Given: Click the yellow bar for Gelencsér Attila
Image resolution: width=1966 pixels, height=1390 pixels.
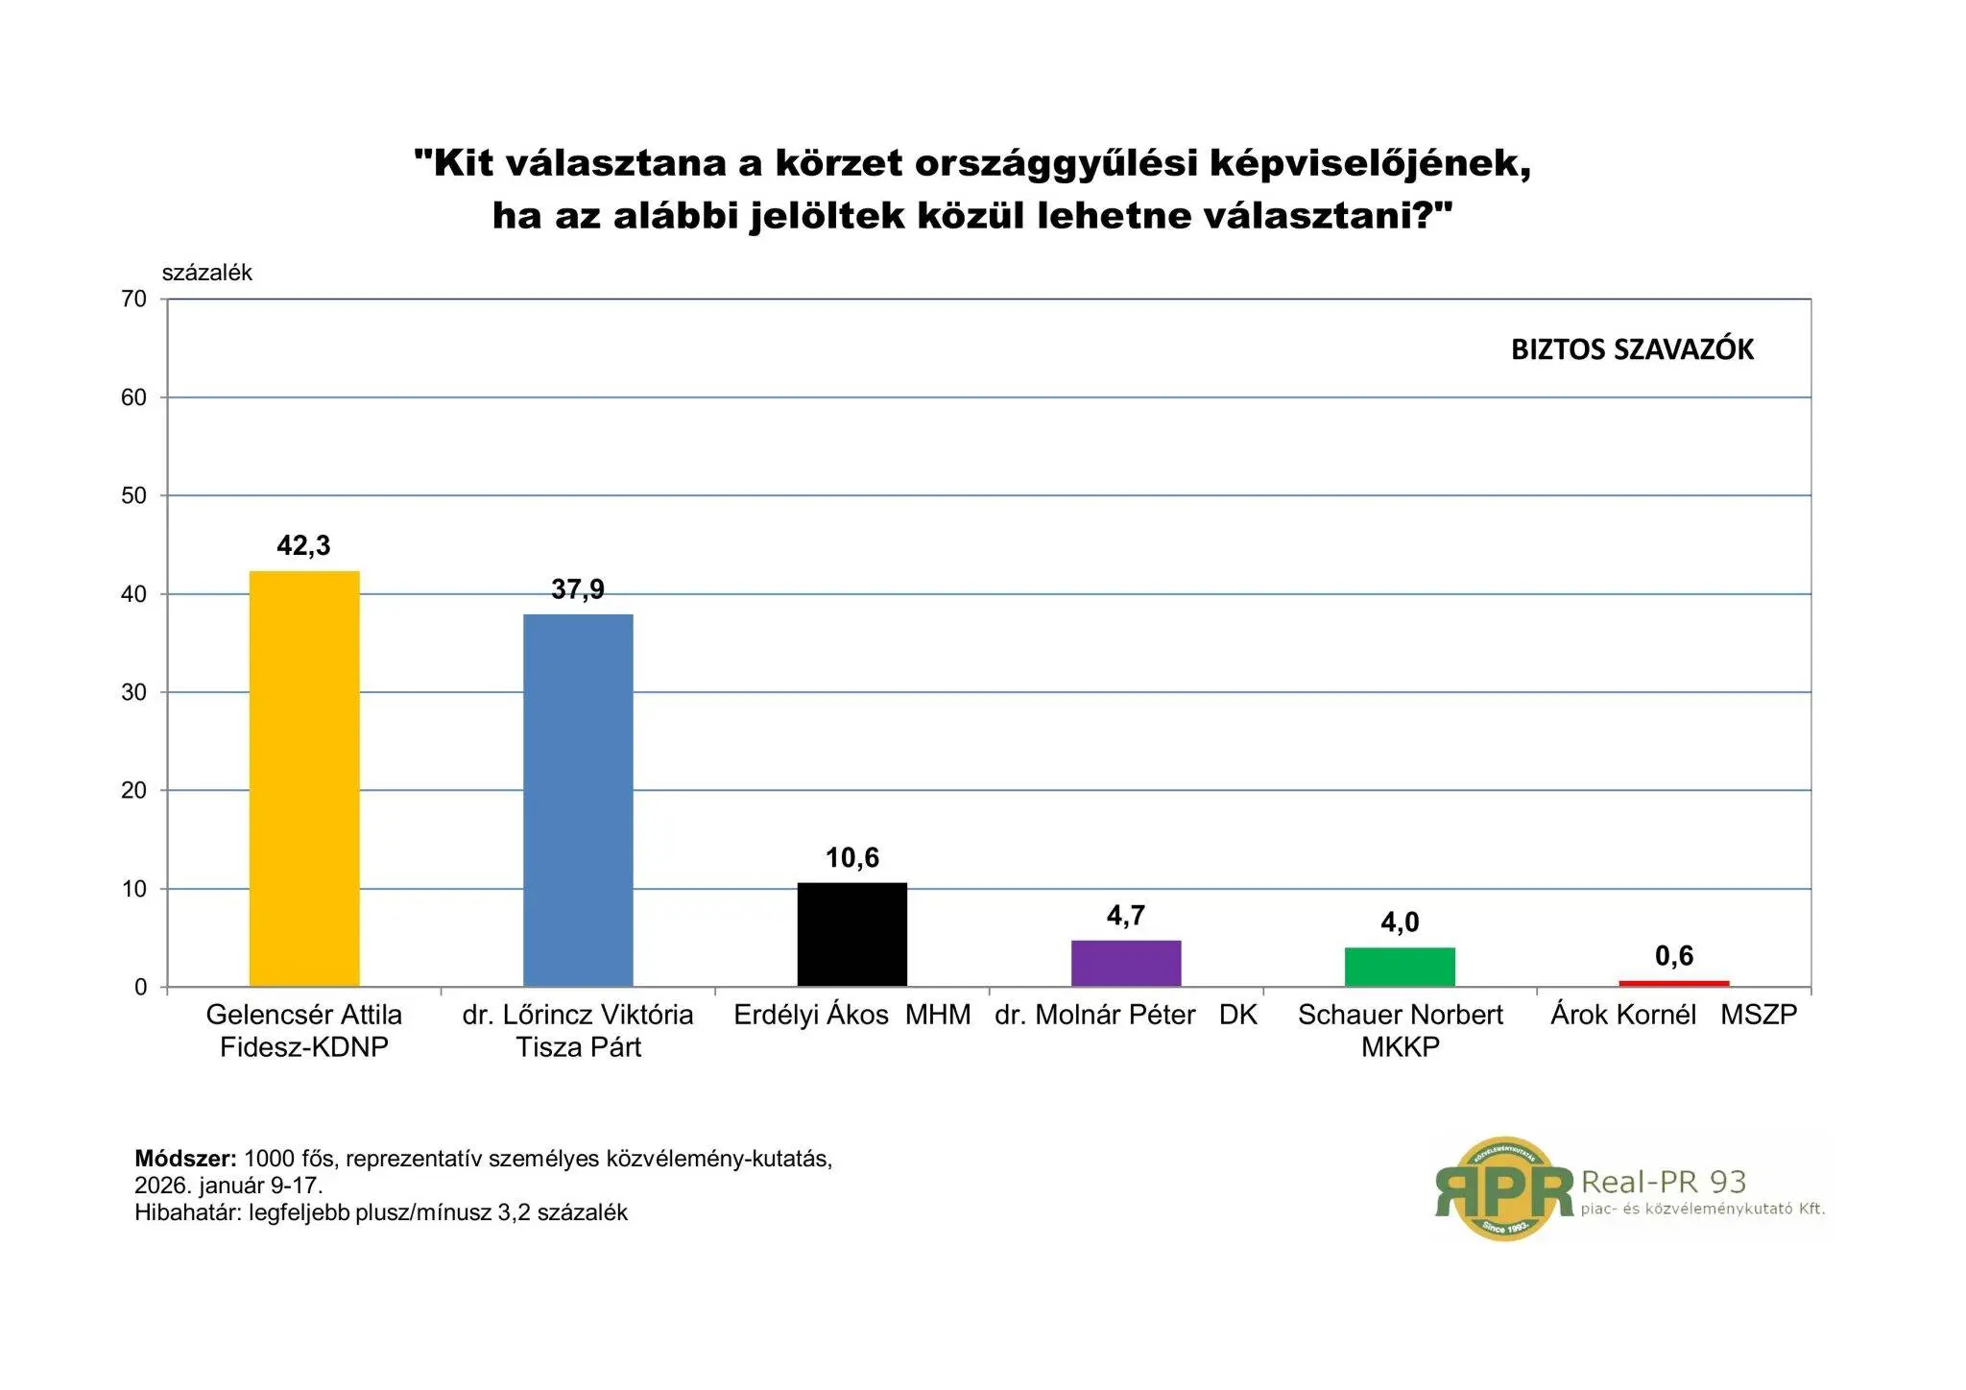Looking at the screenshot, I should (304, 778).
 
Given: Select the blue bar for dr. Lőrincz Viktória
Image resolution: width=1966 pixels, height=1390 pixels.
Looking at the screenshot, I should (578, 800).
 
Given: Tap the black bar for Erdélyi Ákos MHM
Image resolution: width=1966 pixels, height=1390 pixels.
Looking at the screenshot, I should (852, 934).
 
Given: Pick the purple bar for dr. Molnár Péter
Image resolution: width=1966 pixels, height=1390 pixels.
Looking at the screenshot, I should (1126, 963).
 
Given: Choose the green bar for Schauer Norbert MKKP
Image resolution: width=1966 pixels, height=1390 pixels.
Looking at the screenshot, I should (1400, 967).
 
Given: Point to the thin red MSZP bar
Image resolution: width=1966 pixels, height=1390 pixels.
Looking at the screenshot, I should (1673, 983).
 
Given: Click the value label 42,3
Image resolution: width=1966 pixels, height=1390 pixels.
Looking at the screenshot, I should (303, 546).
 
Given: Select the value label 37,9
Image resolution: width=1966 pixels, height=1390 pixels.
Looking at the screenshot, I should (578, 589).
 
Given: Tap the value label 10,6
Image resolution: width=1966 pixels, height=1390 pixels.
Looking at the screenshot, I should (852, 858).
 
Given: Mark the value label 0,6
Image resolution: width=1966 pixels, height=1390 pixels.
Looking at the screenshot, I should (1674, 956).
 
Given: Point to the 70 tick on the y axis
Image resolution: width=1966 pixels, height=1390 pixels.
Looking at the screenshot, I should (134, 300).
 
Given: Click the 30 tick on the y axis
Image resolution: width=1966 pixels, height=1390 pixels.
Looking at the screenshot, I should (134, 693).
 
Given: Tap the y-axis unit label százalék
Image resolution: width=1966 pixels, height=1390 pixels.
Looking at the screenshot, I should (206, 273).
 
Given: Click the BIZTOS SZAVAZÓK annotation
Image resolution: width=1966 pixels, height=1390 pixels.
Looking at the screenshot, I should (1632, 349).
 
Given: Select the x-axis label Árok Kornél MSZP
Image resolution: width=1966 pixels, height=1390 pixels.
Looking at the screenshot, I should (1673, 1016).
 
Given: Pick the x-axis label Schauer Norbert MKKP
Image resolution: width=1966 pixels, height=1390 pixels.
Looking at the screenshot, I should (1400, 1030).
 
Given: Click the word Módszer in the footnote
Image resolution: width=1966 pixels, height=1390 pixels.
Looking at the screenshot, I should (184, 1159).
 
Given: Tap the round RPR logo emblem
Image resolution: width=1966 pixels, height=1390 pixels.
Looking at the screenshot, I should (1504, 1189).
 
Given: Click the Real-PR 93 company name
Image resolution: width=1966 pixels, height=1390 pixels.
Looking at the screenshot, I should (1663, 1182).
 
